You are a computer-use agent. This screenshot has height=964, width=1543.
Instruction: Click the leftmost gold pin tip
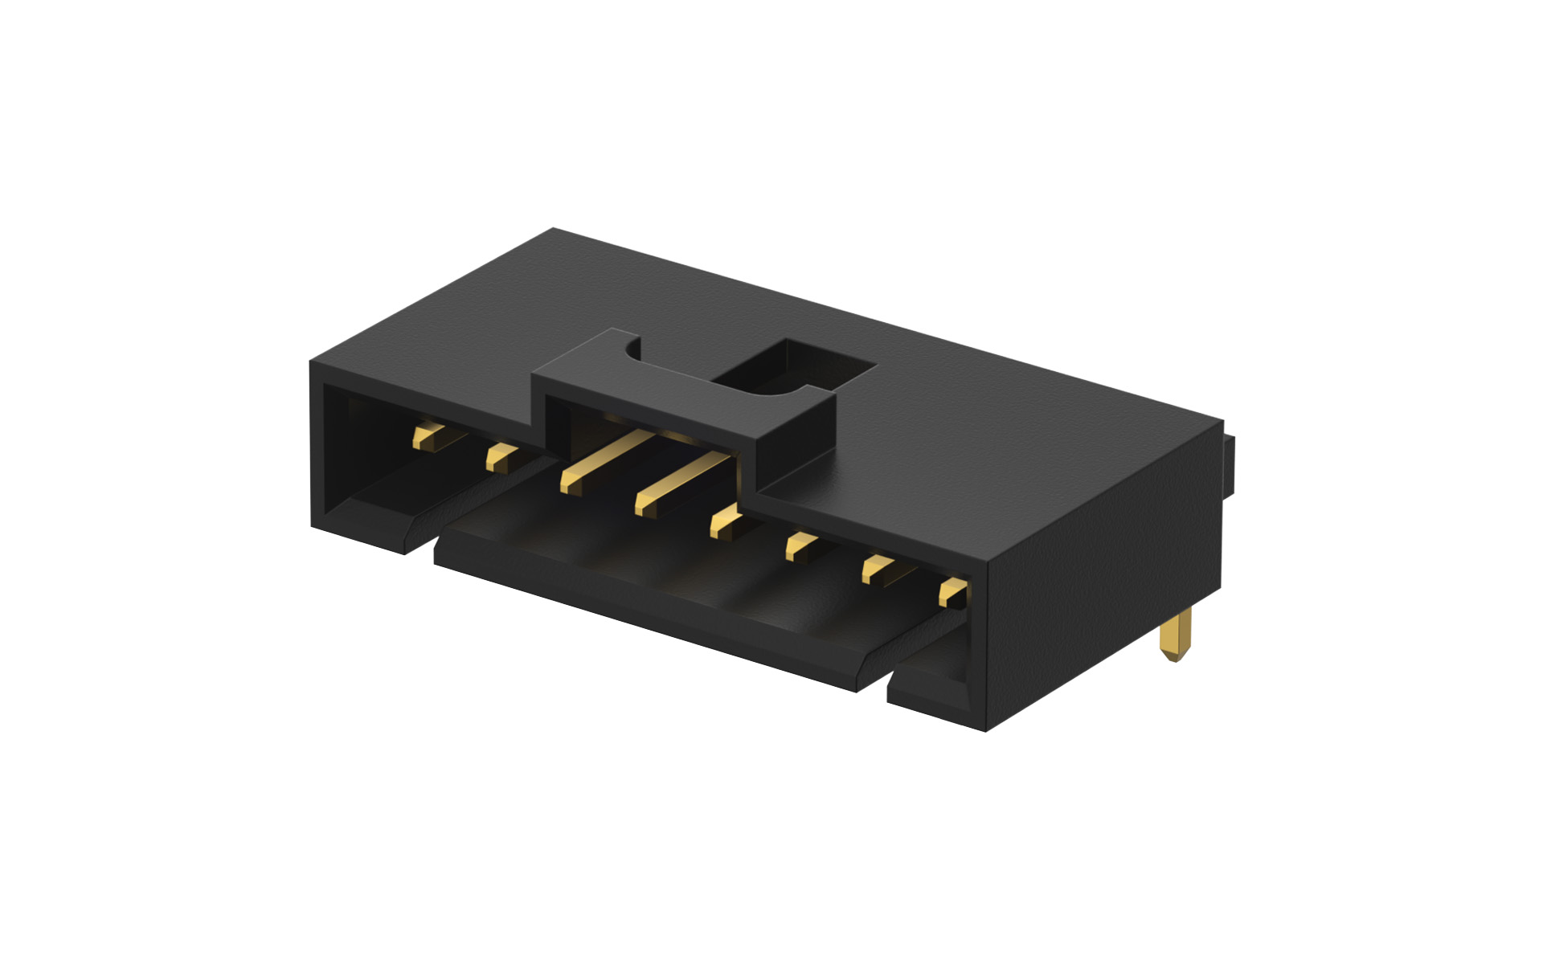[x=424, y=439]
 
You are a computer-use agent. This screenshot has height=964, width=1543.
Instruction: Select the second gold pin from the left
[x=500, y=460]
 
